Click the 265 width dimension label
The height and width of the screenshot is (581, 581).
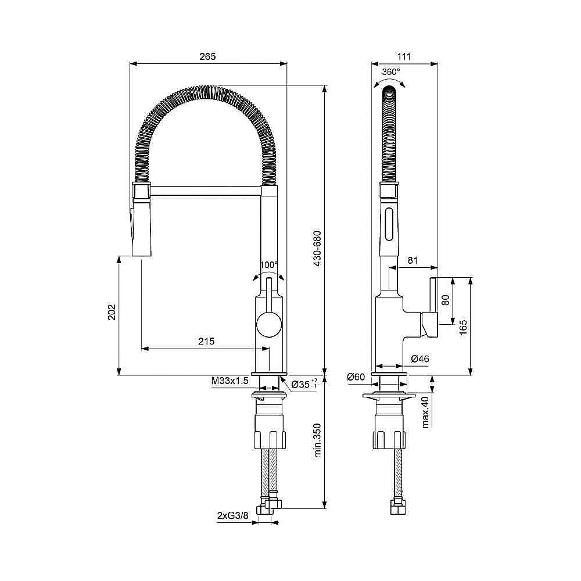click(207, 56)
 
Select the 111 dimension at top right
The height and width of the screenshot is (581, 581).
click(404, 56)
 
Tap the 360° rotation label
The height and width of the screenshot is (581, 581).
click(391, 71)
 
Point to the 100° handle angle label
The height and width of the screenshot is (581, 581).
click(268, 265)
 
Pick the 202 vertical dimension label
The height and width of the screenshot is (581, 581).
click(112, 312)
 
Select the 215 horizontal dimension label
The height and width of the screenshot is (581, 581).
click(206, 341)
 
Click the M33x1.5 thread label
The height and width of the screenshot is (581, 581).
click(230, 381)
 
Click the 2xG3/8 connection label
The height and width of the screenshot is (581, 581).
click(233, 515)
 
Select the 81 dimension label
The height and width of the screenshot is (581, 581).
click(412, 261)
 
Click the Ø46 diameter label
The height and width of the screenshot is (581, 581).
click(419, 360)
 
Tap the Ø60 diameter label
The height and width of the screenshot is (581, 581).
click(356, 378)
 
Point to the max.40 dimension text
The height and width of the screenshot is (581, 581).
click(426, 412)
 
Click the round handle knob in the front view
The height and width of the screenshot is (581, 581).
click(268, 323)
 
